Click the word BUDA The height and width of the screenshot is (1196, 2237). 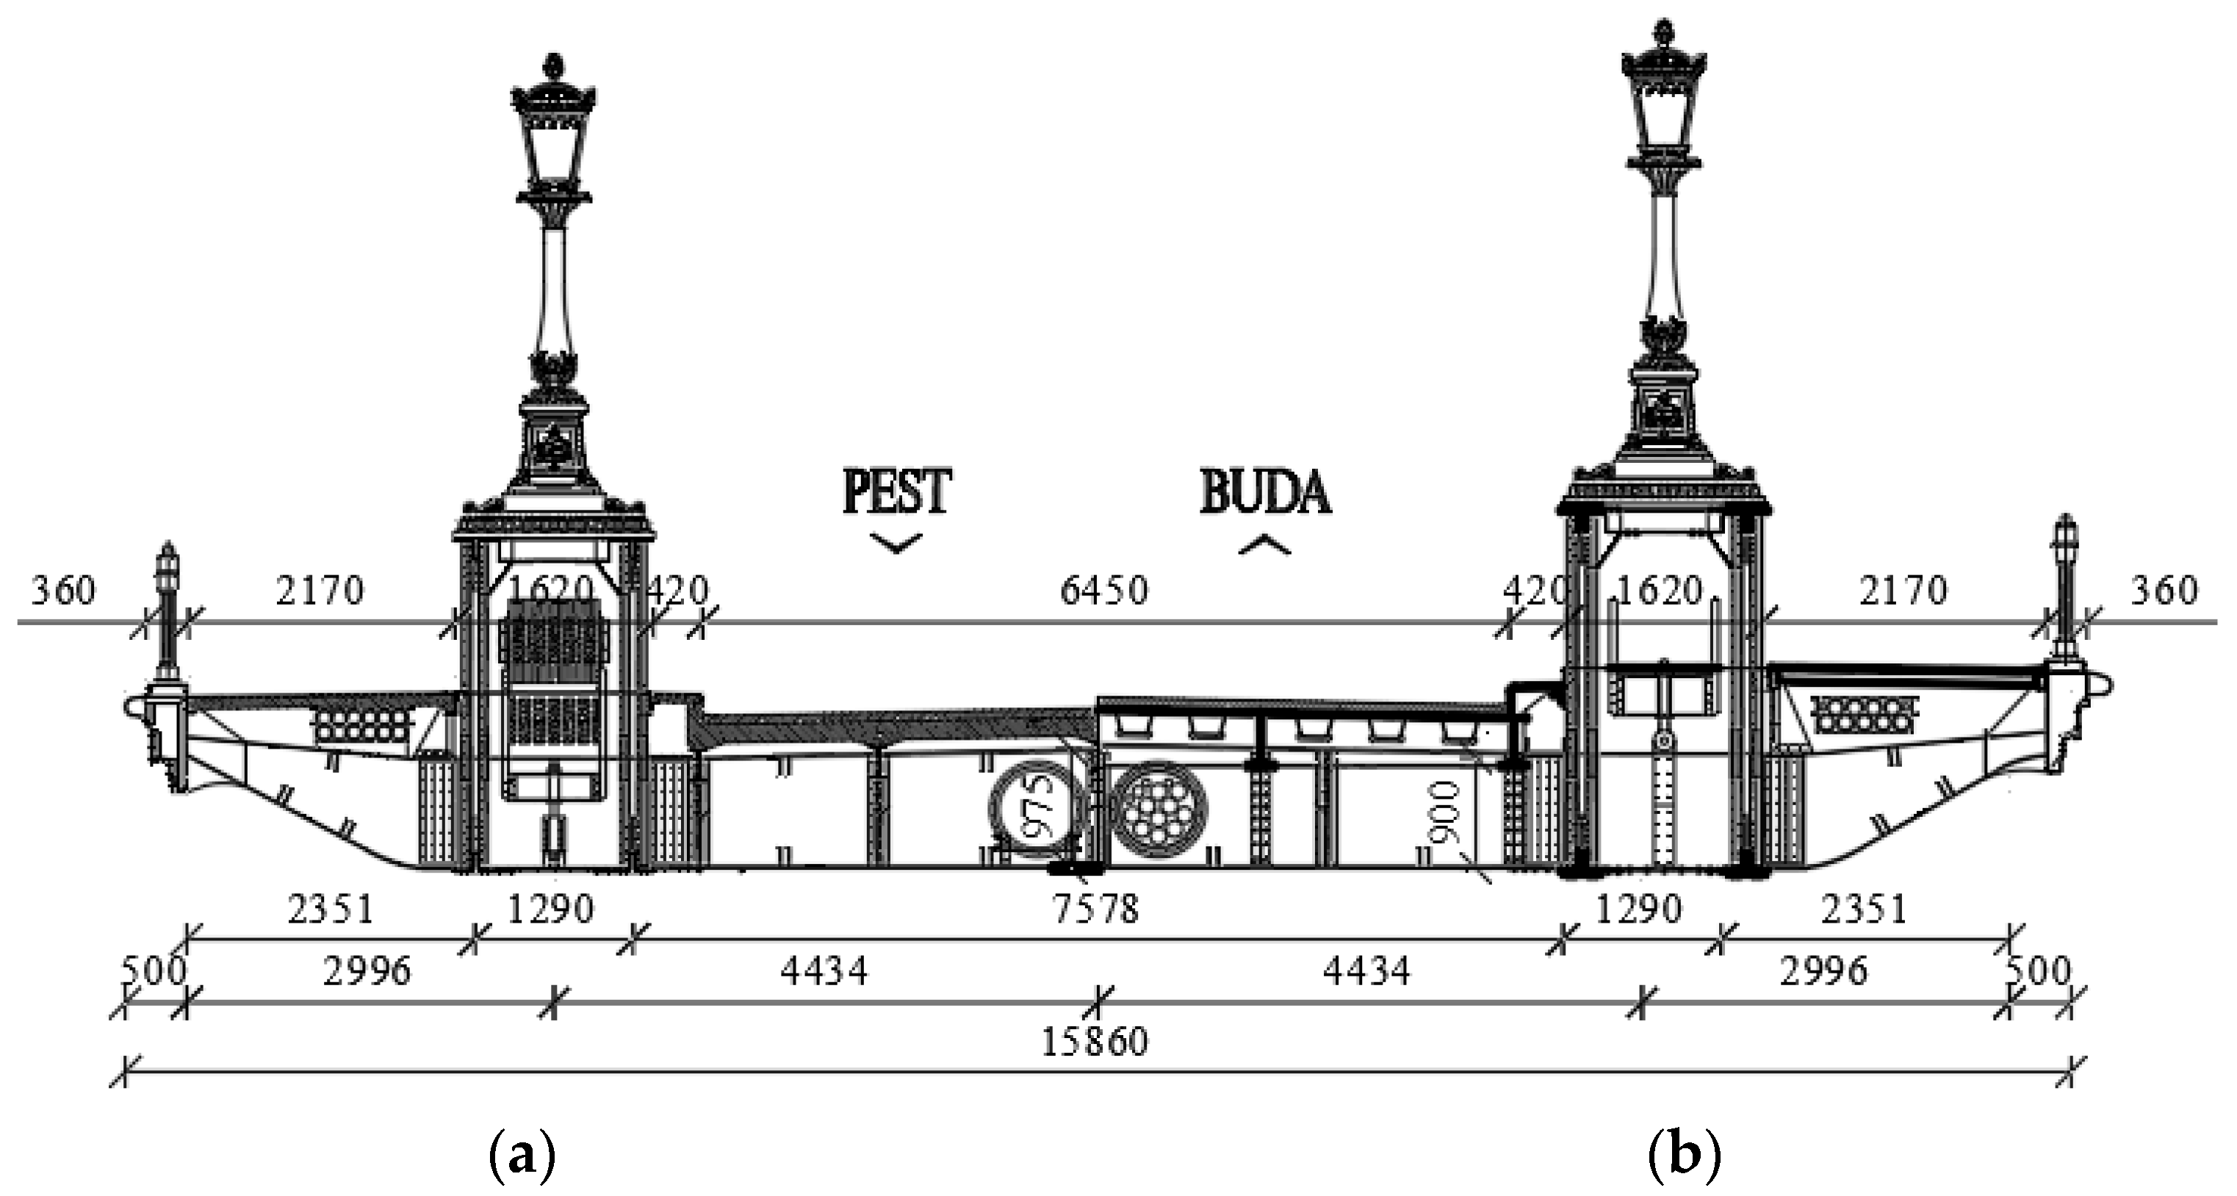[1265, 492]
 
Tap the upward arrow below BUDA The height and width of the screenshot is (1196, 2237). [1264, 544]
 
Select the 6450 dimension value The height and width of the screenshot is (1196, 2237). [1103, 591]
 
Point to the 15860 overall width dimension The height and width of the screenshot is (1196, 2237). [1094, 1040]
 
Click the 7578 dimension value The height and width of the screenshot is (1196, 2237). [1094, 909]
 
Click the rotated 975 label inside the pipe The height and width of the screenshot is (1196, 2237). [1039, 808]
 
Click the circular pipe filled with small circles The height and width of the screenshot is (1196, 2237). [1160, 809]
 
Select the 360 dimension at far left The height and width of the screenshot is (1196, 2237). [62, 591]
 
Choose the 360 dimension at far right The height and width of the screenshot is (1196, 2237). [2164, 591]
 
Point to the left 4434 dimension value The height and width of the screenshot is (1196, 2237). [824, 971]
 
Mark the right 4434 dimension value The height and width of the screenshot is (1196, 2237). [1366, 971]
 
